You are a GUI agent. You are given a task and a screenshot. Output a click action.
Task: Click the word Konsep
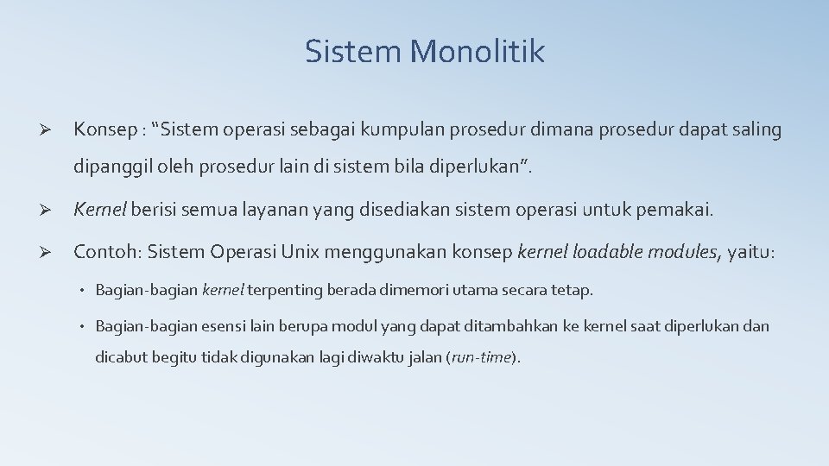(104, 130)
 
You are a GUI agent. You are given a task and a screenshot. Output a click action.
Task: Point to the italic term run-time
(482, 357)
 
